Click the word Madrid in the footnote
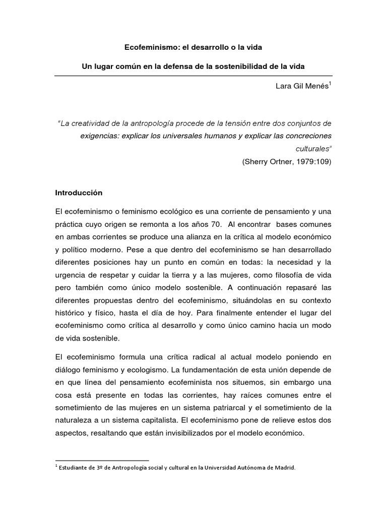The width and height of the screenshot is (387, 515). pyautogui.click(x=285, y=467)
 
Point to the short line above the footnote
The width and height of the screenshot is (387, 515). pyautogui.click(x=101, y=460)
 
